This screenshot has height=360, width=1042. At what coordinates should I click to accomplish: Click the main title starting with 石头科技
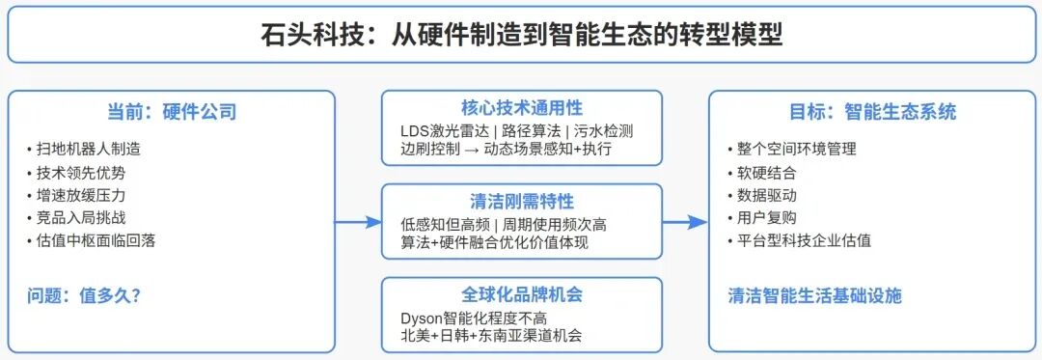click(521, 36)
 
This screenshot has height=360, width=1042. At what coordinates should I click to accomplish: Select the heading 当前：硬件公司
click(172, 112)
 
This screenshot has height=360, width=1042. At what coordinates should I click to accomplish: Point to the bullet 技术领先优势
click(80, 173)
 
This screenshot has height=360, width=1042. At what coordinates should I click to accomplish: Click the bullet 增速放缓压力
click(80, 195)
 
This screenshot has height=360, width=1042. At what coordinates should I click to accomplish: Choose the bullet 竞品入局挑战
click(80, 218)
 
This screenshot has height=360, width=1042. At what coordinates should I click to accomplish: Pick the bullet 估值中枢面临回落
click(96, 240)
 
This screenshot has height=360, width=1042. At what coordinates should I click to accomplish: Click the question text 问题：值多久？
click(84, 295)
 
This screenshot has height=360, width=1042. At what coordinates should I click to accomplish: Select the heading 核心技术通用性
click(521, 108)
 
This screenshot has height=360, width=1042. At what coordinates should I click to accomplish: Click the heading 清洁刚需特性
click(521, 202)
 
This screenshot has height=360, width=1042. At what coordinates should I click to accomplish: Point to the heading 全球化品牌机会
click(521, 294)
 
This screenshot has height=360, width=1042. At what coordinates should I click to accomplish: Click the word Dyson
click(421, 318)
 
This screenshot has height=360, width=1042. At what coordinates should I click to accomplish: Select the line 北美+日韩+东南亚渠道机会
click(491, 336)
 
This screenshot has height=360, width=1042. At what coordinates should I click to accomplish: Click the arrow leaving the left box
click(358, 223)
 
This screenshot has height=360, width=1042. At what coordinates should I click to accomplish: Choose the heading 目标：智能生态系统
click(872, 112)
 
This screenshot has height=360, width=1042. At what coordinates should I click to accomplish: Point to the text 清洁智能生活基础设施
click(814, 295)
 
